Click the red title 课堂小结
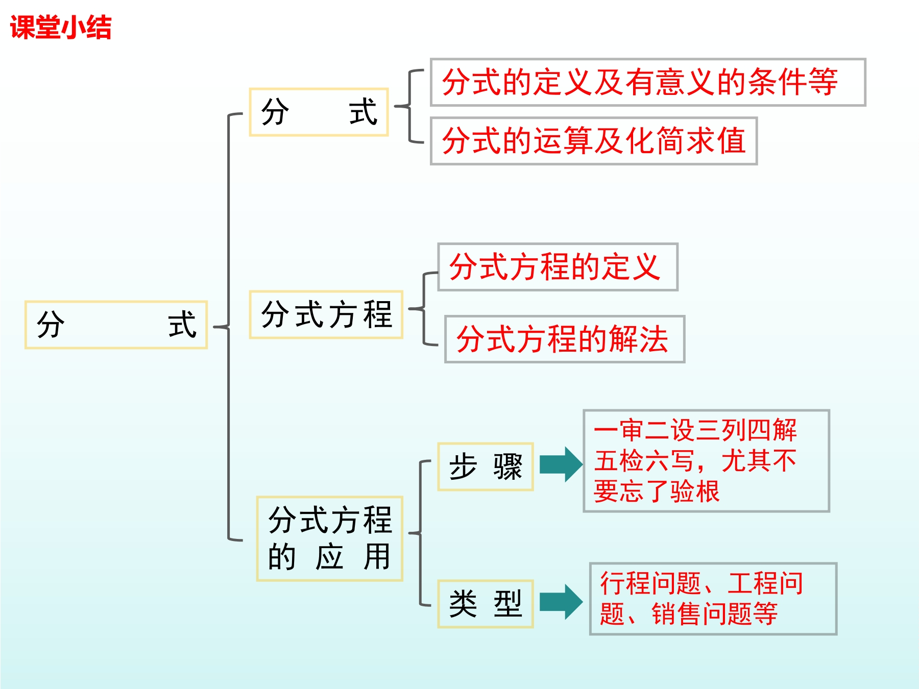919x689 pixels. coord(60,28)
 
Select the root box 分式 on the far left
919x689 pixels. coord(116,325)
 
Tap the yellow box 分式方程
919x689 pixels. coord(326,314)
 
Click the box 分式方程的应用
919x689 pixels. coord(330,538)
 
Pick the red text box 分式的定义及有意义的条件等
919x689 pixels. coord(647,82)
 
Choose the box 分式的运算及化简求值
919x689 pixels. coord(593,141)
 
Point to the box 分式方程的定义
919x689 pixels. coord(558,267)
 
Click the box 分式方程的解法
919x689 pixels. coord(564,339)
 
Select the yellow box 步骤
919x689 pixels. coord(485,466)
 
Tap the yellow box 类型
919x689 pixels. coord(485,604)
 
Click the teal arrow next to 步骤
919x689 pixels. coord(561,464)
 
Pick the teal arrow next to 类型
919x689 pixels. coord(561,602)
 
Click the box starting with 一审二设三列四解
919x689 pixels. coord(706,460)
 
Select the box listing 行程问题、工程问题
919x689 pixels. coord(713,599)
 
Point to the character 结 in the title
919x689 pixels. coord(99,28)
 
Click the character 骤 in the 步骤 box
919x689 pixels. coord(507,466)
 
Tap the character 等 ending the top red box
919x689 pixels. coord(823,82)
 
